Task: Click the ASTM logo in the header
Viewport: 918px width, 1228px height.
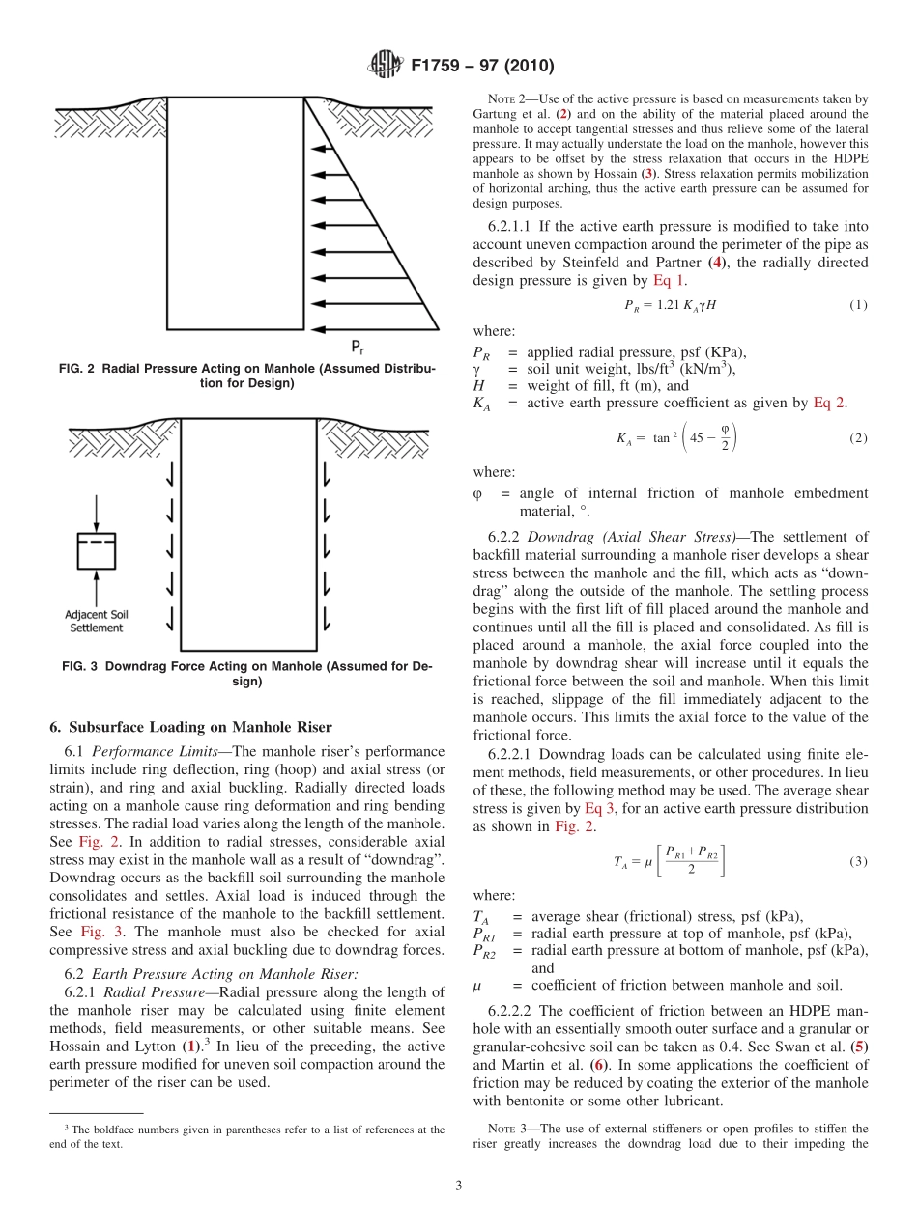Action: [x=386, y=66]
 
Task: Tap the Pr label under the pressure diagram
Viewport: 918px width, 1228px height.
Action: [x=357, y=348]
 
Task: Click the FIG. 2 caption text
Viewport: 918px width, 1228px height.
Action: [x=247, y=377]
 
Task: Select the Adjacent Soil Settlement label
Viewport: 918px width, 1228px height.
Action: [x=97, y=621]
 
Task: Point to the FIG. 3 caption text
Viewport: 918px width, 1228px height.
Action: [x=247, y=674]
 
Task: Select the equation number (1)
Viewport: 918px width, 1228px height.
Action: [x=858, y=305]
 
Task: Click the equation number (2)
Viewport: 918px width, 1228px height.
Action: [x=858, y=437]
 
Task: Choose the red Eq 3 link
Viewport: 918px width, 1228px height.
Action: [x=599, y=808]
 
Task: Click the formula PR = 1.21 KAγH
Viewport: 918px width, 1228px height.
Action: [x=670, y=305]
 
